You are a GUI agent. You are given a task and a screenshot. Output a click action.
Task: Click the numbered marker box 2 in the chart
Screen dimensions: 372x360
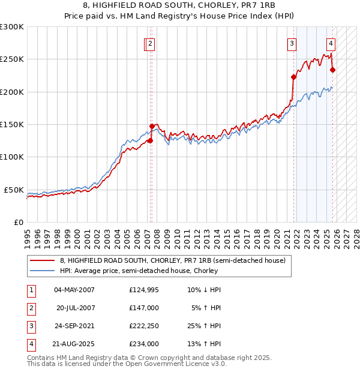(x=151, y=43)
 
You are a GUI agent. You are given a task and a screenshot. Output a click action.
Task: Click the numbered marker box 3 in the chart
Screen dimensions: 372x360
(x=292, y=43)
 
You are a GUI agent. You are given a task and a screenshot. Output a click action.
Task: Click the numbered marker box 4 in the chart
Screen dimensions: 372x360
(x=331, y=43)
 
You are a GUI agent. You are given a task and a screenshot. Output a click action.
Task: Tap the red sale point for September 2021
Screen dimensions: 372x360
(x=294, y=77)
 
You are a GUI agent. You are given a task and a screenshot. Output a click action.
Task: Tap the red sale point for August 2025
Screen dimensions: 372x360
(x=333, y=70)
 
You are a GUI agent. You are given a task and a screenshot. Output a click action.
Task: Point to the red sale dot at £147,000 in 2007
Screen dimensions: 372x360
(x=152, y=126)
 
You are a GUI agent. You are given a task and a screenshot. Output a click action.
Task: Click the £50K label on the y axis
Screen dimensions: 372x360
(x=14, y=190)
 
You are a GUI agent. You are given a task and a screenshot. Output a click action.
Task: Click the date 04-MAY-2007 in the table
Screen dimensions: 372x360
(x=74, y=290)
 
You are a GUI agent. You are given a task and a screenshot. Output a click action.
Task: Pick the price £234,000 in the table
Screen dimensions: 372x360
(x=144, y=344)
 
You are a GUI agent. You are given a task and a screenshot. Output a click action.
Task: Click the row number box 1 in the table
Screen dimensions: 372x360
(x=31, y=290)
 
